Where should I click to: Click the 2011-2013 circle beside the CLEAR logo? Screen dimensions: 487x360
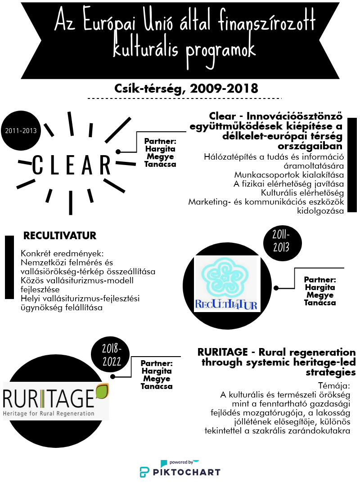(21, 131)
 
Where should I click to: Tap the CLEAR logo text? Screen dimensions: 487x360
(72, 165)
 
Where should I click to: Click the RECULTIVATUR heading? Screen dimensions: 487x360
(60, 236)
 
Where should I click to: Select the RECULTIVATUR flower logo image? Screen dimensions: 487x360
(226, 284)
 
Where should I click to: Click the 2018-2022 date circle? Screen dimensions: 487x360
(110, 355)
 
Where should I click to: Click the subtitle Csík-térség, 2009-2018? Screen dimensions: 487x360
(180, 88)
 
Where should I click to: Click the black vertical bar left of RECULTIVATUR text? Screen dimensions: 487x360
(9, 267)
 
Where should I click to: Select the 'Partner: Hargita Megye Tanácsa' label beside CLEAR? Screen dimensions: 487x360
(160, 152)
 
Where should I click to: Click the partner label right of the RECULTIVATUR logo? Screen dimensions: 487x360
(319, 291)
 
